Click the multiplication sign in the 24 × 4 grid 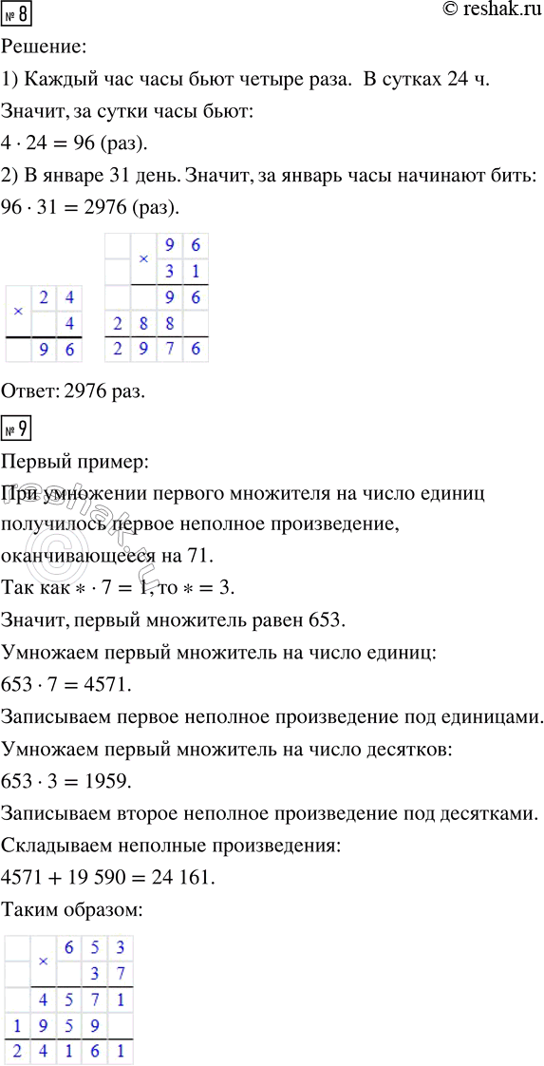[x=18, y=312]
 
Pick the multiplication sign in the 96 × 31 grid [x=143, y=258]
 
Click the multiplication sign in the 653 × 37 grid [x=43, y=961]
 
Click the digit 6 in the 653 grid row [x=68, y=947]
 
